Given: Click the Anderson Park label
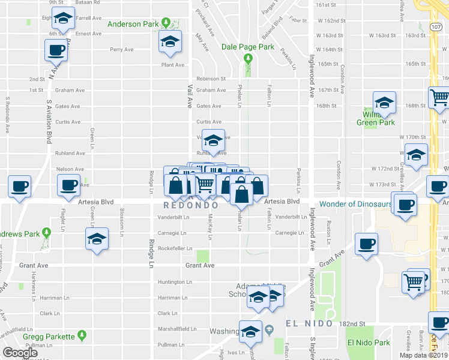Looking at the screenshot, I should [133, 24].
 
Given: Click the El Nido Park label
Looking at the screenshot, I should [368, 343].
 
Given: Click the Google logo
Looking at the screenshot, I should [20, 353].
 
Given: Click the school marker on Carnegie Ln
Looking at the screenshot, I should [97, 239].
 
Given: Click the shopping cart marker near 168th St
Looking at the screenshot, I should [439, 97].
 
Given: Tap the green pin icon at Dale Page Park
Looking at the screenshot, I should [247, 58].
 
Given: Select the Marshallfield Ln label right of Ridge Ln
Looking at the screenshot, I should [176, 329].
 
